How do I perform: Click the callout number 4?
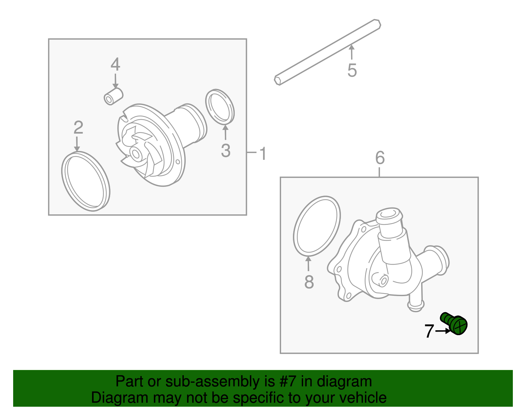click(x=115, y=64)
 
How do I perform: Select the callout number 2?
click(x=78, y=127)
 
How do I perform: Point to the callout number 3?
click(x=226, y=151)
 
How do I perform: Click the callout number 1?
click(x=263, y=153)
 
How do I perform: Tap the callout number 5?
click(x=352, y=70)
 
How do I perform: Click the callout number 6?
click(x=380, y=158)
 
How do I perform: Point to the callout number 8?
click(x=309, y=282)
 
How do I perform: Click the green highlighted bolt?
click(x=455, y=323)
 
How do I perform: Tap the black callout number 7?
click(x=429, y=331)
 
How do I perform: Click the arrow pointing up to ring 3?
click(x=225, y=133)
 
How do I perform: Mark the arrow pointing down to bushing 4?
click(x=115, y=80)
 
